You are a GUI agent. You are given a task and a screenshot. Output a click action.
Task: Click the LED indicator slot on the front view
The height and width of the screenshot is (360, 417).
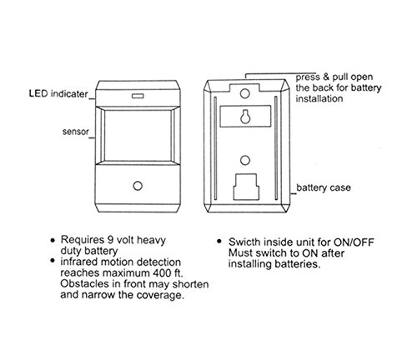point(138,96)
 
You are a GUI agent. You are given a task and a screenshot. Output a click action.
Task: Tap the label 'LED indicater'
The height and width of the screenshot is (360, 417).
point(58,93)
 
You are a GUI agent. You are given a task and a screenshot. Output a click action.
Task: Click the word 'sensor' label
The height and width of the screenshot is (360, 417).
point(76,132)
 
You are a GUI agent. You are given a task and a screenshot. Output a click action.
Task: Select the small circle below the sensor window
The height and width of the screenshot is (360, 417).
point(138,186)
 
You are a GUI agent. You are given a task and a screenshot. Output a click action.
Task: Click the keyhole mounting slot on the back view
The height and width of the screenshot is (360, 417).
point(245,117)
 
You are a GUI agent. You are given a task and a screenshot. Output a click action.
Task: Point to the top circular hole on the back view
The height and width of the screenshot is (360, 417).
point(245,93)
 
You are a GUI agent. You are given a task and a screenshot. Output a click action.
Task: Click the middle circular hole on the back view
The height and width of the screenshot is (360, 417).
point(244,160)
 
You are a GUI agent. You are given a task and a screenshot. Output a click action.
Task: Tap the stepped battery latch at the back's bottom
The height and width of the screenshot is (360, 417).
point(246,187)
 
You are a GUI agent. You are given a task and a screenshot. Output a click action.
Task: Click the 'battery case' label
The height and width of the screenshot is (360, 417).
point(324,187)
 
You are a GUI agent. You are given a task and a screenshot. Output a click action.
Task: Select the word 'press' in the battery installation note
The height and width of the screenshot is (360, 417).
point(308,77)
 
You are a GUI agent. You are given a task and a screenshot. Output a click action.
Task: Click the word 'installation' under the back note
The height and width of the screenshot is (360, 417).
point(319,98)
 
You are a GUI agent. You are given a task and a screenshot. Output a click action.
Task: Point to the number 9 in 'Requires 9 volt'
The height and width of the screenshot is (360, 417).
point(110,240)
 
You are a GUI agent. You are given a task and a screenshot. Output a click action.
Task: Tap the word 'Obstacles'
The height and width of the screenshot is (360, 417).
point(85,284)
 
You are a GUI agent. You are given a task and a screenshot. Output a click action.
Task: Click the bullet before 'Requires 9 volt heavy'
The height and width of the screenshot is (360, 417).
point(53,240)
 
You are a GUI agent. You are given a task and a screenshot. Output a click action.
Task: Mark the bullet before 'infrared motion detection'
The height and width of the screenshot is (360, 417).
point(53,261)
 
